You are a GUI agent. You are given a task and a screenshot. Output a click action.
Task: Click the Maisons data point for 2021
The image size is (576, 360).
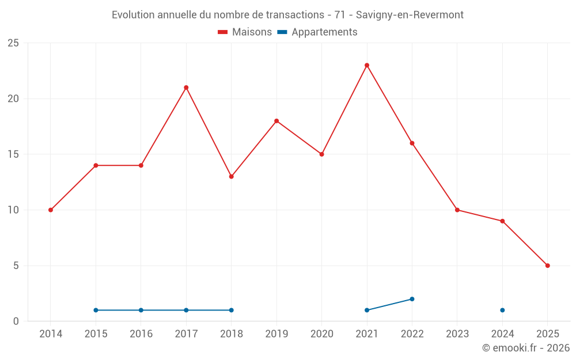click(x=367, y=65)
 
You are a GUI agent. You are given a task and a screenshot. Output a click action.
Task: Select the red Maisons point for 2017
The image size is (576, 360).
click(x=186, y=88)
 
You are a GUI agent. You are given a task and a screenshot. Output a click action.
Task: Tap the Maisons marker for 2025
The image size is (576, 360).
click(x=548, y=266)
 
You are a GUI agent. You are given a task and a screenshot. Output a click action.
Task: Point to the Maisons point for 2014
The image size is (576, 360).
click(x=51, y=210)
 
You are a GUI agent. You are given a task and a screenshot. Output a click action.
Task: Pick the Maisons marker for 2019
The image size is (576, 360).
click(x=276, y=121)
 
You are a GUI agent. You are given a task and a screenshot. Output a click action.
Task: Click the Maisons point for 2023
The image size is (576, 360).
click(x=457, y=210)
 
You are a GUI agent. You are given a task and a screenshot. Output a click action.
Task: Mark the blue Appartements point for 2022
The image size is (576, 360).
click(x=412, y=299)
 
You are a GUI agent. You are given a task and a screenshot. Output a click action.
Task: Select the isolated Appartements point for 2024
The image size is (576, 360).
click(x=502, y=310)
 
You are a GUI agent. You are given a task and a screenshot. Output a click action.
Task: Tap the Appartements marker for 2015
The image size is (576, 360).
click(x=96, y=310)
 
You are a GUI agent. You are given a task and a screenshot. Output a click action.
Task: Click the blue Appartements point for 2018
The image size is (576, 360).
click(x=231, y=310)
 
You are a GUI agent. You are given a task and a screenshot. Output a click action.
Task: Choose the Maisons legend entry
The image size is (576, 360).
click(x=245, y=32)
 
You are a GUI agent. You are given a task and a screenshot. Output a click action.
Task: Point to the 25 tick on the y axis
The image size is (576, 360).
click(x=13, y=43)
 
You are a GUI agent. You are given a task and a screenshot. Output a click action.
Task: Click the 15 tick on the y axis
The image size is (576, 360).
click(x=13, y=154)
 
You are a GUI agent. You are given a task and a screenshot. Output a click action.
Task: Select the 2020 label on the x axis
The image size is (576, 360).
click(x=321, y=334)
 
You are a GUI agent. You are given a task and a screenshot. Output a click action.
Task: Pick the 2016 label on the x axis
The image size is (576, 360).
click(x=141, y=334)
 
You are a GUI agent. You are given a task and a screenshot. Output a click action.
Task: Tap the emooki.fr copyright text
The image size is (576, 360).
click(x=526, y=348)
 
